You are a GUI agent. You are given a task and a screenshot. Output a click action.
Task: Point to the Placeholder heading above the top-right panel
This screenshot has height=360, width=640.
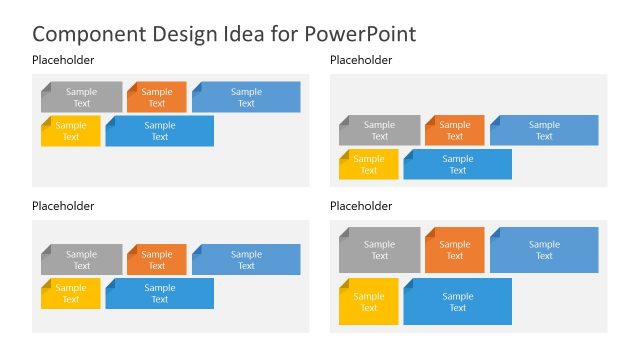(x=361, y=60)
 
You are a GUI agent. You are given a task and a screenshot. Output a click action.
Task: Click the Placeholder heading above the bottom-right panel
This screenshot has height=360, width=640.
(x=361, y=206)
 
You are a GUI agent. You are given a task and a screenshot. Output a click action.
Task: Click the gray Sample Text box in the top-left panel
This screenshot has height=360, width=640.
(x=82, y=97)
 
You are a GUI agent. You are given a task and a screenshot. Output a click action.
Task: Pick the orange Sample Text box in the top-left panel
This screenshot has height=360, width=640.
(x=156, y=97)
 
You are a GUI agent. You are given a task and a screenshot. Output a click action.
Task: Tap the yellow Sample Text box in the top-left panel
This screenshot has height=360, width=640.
(x=71, y=131)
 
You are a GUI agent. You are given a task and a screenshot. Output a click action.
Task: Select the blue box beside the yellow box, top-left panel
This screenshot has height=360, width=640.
(x=159, y=131)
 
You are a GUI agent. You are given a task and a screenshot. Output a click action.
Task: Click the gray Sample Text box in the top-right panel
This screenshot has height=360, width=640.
(x=380, y=130)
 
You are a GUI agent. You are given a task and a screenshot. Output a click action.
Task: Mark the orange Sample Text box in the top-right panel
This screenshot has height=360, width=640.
(x=454, y=130)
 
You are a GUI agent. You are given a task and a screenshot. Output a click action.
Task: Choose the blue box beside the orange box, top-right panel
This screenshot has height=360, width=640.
(x=544, y=130)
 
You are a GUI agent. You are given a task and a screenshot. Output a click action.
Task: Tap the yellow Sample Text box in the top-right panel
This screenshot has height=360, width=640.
(x=369, y=164)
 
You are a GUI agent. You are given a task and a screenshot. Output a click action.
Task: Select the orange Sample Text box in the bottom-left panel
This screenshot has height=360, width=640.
(x=156, y=260)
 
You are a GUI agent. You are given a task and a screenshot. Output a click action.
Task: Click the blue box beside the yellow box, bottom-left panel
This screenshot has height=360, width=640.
(x=159, y=293)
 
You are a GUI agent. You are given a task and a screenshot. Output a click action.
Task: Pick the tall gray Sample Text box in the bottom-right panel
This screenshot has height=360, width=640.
(x=380, y=250)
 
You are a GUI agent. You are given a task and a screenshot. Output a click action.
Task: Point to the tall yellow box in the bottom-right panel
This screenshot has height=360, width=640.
(x=369, y=302)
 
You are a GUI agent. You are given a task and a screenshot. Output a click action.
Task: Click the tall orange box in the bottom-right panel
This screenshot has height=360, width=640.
(x=454, y=250)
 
